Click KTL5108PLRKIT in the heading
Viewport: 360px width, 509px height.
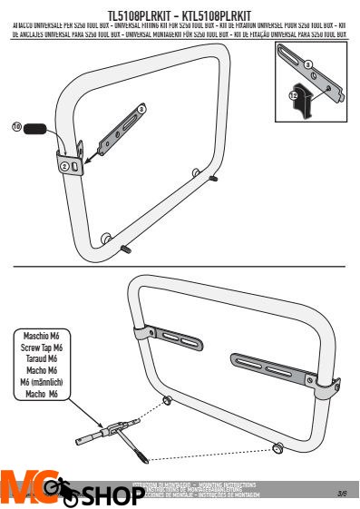point(217,16)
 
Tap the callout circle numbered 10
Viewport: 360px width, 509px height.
point(17,128)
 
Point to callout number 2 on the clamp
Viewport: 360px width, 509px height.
point(64,166)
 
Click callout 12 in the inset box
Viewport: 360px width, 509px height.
point(293,93)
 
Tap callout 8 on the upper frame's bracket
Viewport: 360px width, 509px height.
point(141,109)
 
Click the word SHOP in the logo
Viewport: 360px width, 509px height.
point(107,497)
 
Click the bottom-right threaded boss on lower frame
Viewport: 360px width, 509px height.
point(278,447)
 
